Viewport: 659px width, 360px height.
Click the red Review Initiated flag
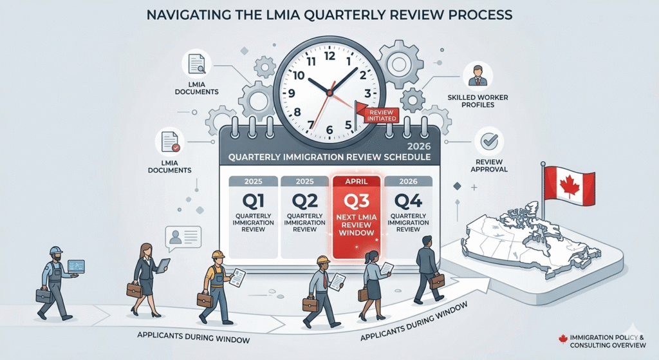pos(376,114)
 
